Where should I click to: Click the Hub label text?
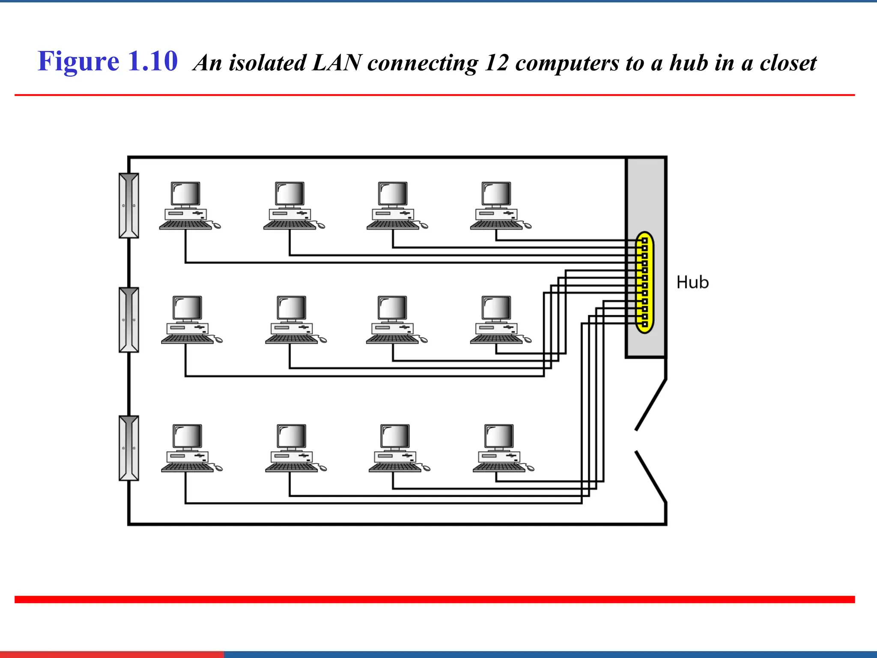(692, 283)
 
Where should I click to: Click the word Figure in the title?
(78, 62)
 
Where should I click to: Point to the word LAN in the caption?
(337, 63)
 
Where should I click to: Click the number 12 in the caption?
(496, 63)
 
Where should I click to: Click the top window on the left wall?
(129, 206)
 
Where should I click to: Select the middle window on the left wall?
(129, 320)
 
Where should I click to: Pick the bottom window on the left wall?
(129, 448)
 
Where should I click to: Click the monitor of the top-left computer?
(185, 194)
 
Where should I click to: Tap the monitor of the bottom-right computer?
(499, 436)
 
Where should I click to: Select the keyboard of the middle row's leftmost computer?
(187, 339)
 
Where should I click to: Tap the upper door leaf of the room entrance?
(651, 404)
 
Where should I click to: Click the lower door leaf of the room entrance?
(651, 476)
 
